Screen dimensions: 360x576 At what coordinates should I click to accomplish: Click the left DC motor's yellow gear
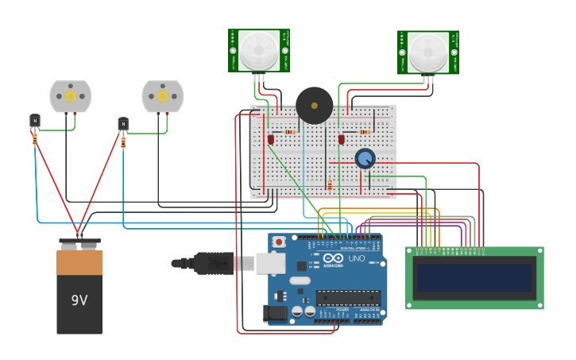[x=70, y=96]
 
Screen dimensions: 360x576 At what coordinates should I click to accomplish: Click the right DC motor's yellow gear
[x=162, y=96]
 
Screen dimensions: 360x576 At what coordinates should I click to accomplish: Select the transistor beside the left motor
[x=34, y=120]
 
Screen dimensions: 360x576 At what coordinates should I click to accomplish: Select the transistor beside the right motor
[x=123, y=123]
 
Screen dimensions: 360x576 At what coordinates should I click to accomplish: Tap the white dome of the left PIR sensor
[x=259, y=50]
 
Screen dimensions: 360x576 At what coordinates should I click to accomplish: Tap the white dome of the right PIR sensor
[x=428, y=52]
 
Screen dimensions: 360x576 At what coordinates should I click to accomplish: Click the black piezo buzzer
[x=314, y=105]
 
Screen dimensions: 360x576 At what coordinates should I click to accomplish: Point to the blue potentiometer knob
[x=365, y=158]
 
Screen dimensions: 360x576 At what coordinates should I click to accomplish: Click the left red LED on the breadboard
[x=271, y=139]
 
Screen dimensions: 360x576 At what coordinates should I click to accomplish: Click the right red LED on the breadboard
[x=341, y=139]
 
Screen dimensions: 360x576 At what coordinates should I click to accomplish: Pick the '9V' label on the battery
[x=79, y=300]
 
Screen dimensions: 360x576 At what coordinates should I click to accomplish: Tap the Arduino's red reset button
[x=278, y=242]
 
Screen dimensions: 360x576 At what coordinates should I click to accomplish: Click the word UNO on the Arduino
[x=356, y=258]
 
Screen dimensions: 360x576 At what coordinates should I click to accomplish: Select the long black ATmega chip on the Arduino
[x=348, y=298]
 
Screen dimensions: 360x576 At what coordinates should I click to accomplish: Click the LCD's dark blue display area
[x=474, y=278]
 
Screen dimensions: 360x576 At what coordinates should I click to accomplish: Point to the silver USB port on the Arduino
[x=270, y=263]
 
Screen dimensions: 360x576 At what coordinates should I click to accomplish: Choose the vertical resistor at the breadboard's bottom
[x=330, y=185]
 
